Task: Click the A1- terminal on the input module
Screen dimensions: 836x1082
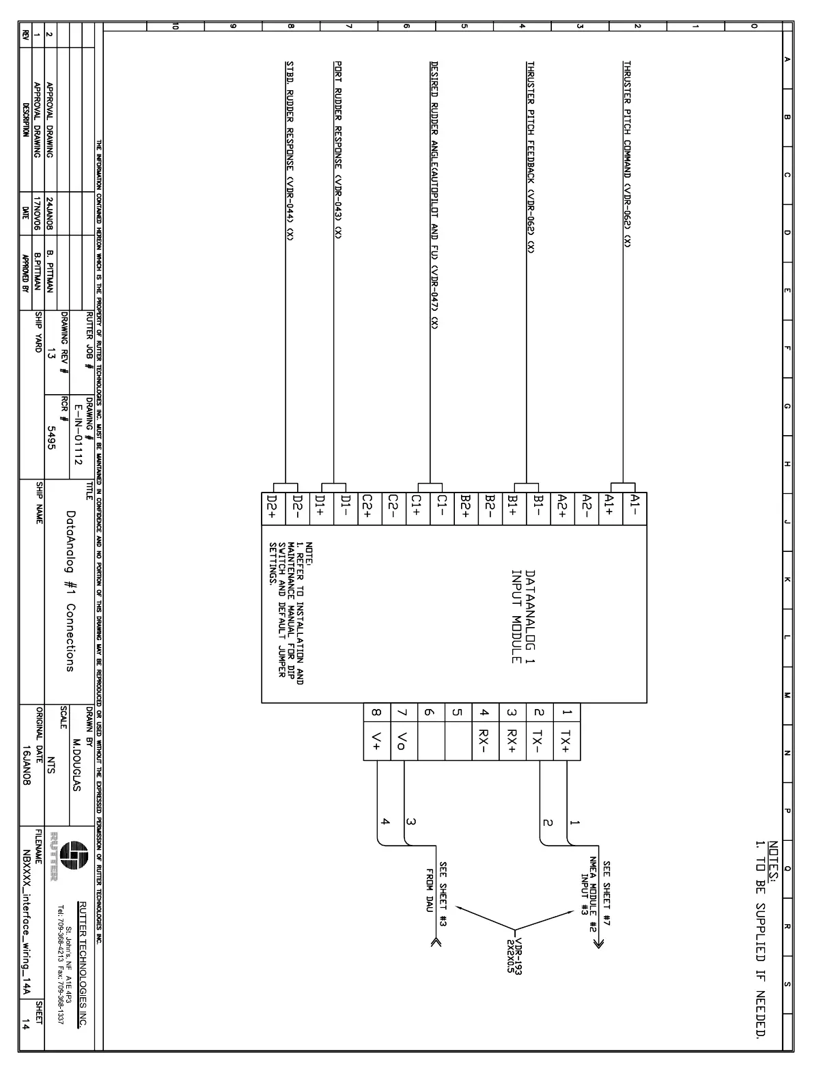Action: coord(635,509)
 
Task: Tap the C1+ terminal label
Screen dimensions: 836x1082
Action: coord(416,509)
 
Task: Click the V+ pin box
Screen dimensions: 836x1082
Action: coord(376,741)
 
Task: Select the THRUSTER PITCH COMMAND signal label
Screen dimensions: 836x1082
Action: coord(627,154)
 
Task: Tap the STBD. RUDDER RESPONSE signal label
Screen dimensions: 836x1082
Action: coord(290,150)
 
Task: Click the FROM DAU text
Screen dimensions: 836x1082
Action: coord(430,891)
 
